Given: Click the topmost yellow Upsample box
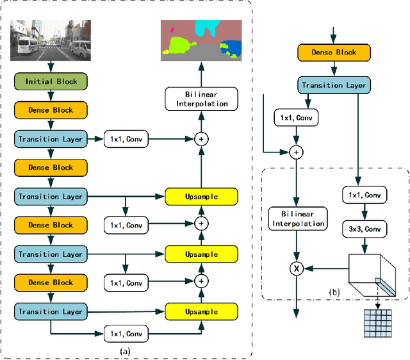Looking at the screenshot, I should (x=201, y=196).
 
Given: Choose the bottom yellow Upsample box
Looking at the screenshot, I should (x=201, y=312).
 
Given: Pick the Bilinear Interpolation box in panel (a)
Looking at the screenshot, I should (x=201, y=99).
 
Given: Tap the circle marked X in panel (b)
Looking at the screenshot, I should (x=297, y=270).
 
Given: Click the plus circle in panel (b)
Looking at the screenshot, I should (x=297, y=152).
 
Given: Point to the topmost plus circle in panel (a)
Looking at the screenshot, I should (x=201, y=138).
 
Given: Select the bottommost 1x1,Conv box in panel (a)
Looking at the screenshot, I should (x=126, y=334).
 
